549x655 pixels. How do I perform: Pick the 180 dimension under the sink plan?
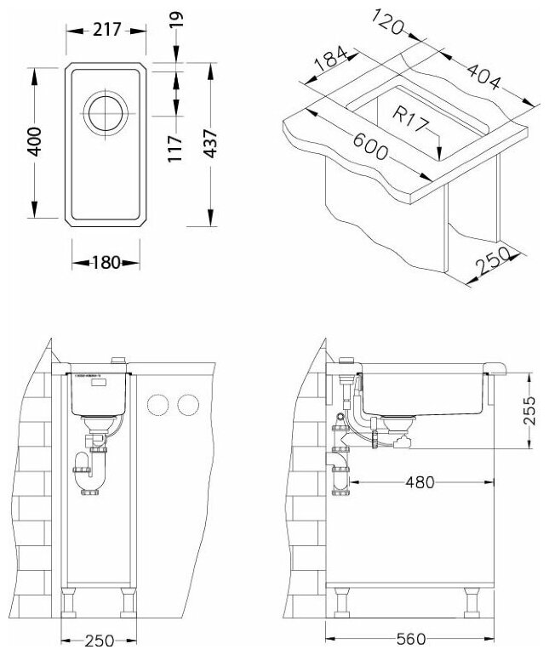pyautogui.click(x=106, y=262)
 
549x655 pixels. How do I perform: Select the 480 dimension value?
pyautogui.click(x=420, y=482)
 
